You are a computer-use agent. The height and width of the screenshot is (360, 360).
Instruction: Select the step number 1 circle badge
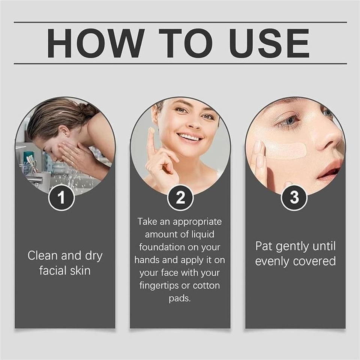pos(61,198)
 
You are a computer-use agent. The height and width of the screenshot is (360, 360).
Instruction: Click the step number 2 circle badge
pos(180,198)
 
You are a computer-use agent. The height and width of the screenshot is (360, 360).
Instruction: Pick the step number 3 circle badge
pos(294,198)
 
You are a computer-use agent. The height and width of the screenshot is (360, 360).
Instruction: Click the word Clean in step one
pos(42,256)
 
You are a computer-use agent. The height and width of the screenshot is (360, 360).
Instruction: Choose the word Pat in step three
pos(264,247)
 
